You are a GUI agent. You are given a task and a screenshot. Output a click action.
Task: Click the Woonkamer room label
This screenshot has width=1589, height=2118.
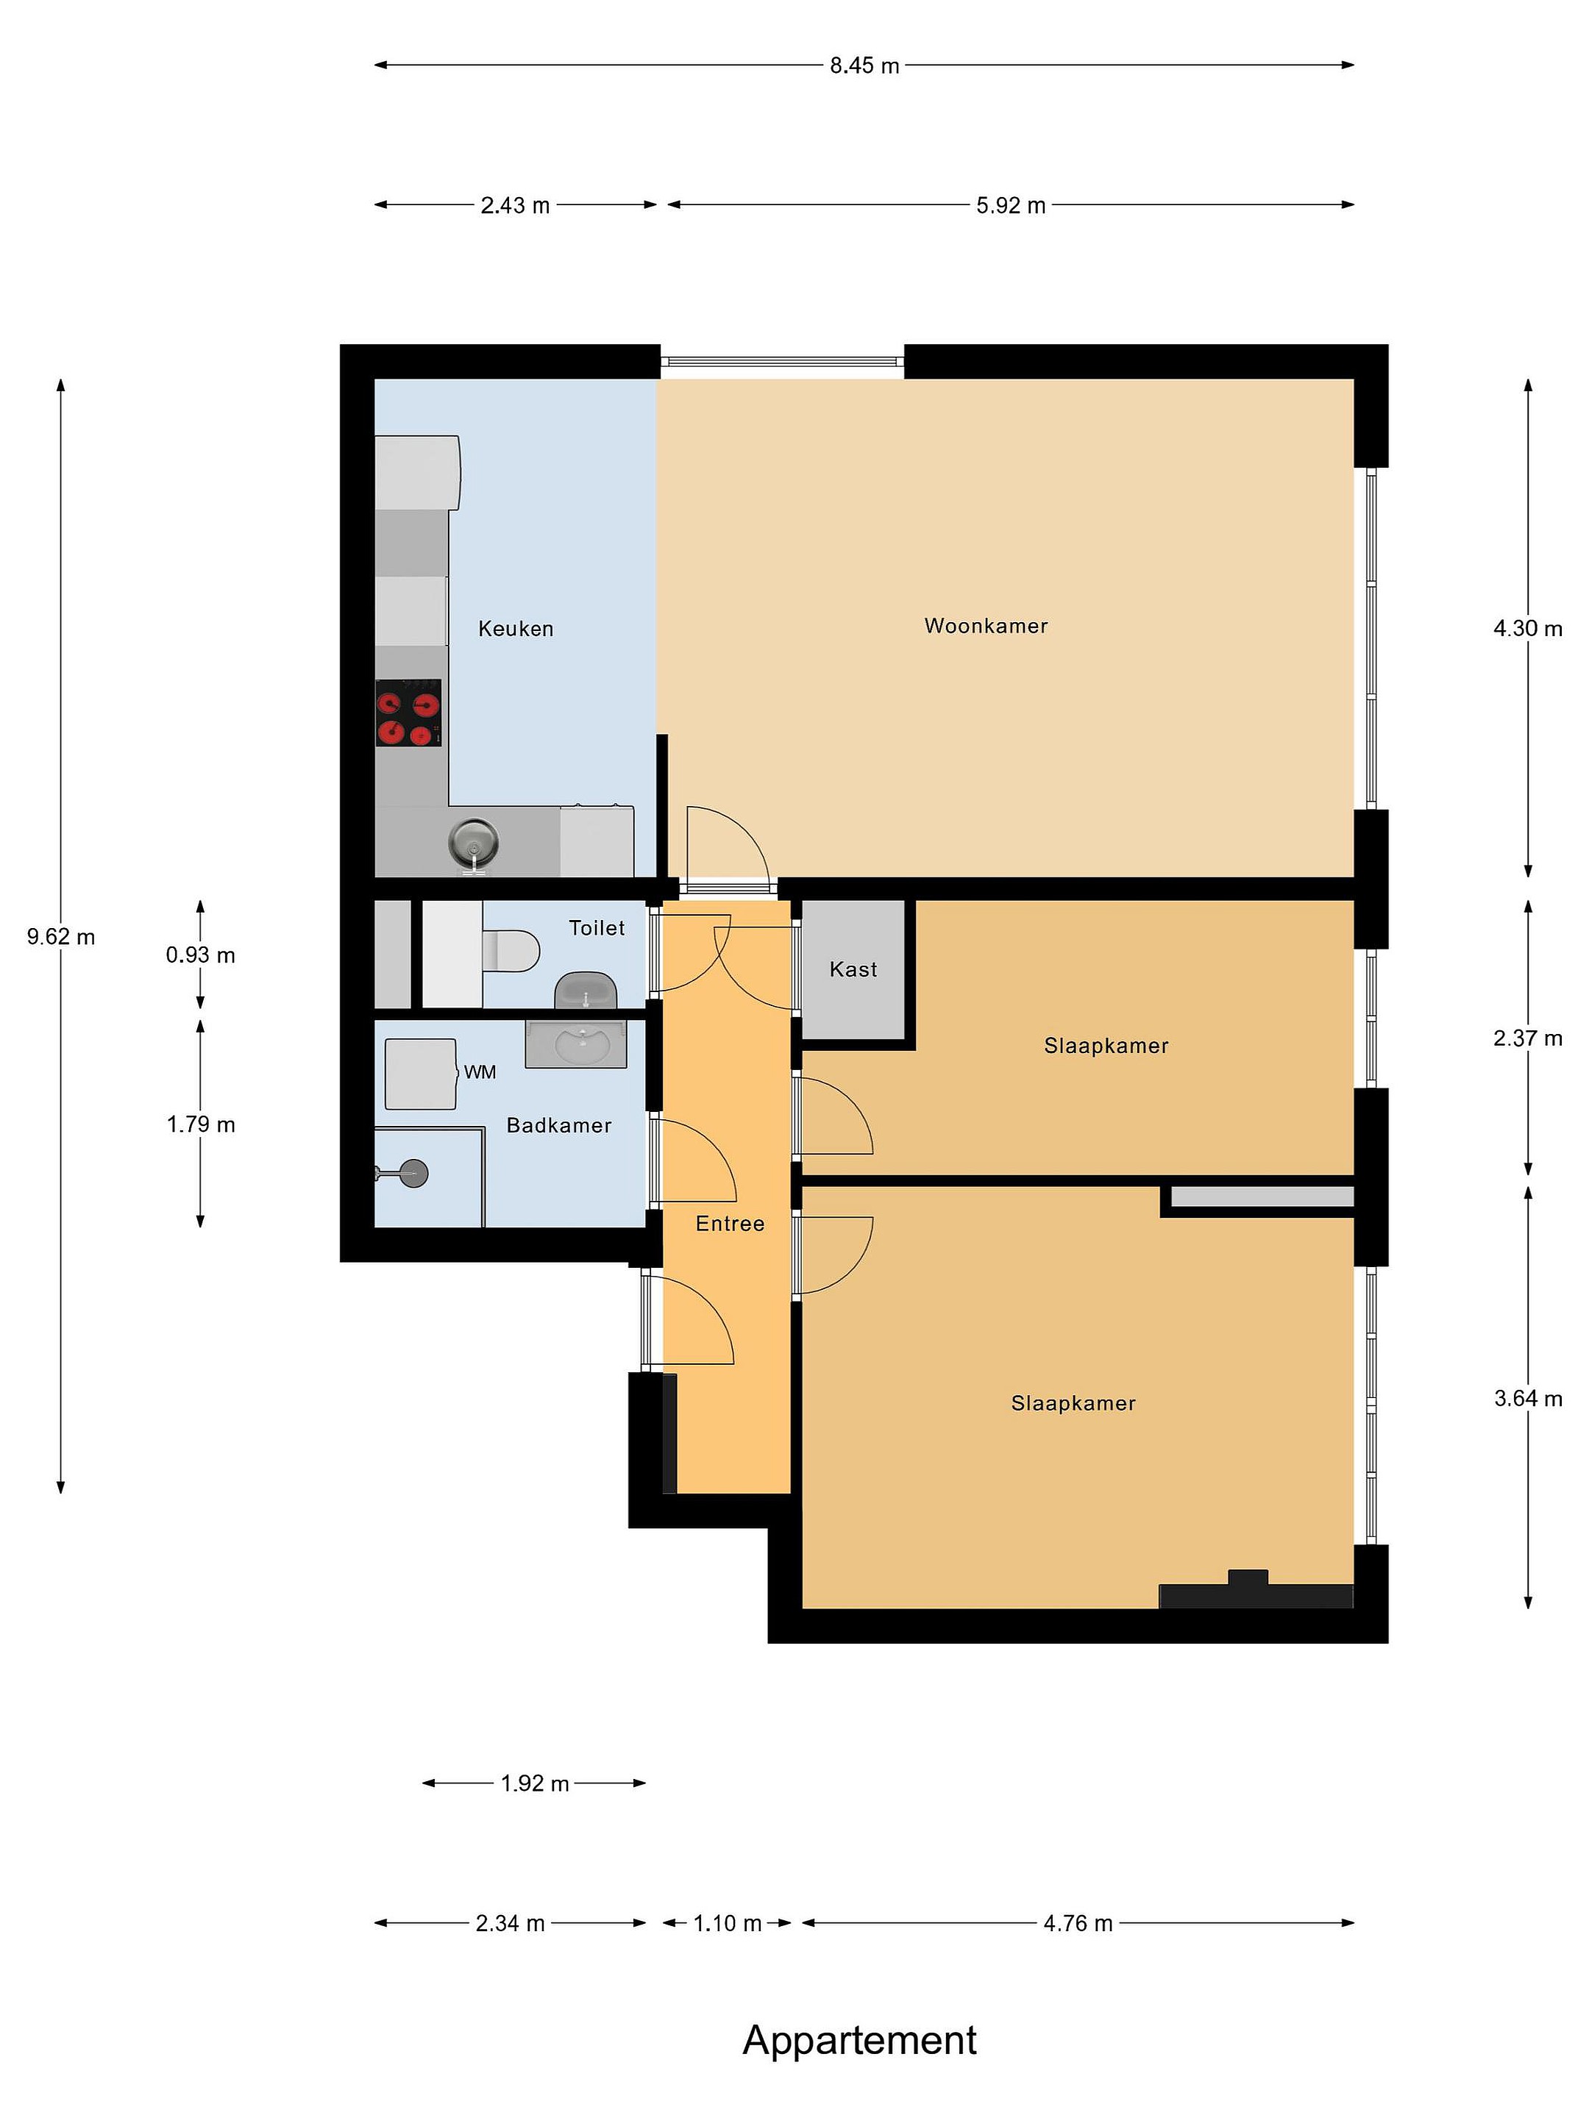(x=986, y=627)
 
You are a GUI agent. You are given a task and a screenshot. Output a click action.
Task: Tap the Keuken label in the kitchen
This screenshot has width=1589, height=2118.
(x=515, y=629)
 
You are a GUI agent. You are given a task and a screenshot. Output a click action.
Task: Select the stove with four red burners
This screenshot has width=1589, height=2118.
(x=408, y=713)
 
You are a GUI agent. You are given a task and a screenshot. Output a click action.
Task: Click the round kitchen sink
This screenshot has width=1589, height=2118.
(x=474, y=843)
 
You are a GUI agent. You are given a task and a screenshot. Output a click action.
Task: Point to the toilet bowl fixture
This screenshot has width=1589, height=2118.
(x=511, y=951)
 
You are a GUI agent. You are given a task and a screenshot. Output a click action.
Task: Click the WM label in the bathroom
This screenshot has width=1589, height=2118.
(x=480, y=1072)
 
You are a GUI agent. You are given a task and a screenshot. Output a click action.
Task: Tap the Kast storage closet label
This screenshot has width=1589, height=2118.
(x=853, y=970)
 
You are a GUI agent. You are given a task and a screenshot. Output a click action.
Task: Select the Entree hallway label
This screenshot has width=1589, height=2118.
(x=730, y=1224)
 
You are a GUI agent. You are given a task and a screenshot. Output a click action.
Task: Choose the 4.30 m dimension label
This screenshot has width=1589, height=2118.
(x=1528, y=629)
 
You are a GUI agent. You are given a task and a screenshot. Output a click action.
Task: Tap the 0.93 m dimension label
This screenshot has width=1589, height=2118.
(x=200, y=955)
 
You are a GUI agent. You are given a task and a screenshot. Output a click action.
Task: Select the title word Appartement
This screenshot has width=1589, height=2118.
(x=859, y=2041)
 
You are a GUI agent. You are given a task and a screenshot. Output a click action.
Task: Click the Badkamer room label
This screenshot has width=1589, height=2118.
(x=559, y=1126)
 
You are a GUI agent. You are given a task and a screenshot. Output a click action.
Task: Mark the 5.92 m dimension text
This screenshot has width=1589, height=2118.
(x=1011, y=206)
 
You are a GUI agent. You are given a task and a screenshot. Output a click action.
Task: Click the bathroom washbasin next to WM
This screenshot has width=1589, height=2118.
(x=575, y=1044)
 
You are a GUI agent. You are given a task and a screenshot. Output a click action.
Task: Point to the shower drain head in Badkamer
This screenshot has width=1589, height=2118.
(x=413, y=1173)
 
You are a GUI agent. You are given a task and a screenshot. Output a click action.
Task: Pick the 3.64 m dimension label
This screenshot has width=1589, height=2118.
(x=1528, y=1399)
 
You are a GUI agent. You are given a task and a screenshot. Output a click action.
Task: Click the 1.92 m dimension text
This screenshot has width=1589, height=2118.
(x=535, y=1784)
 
